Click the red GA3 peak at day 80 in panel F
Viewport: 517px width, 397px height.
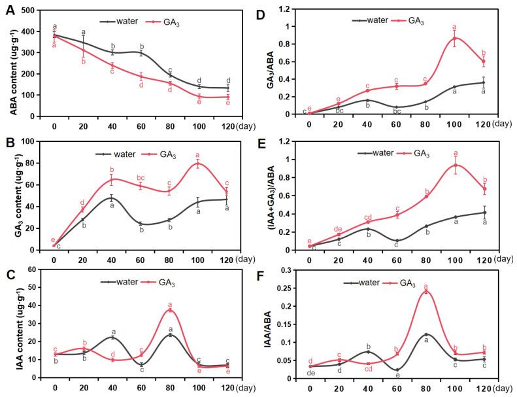(425, 292)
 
